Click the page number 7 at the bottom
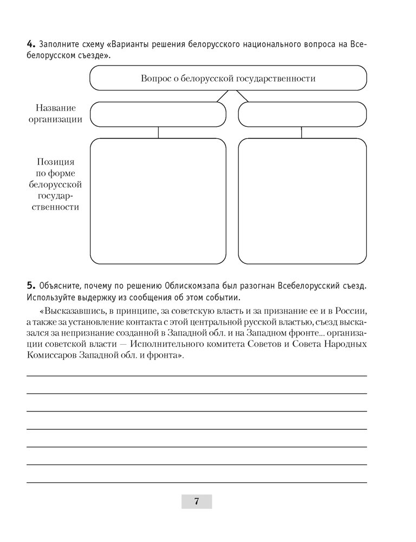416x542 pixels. pos(196,501)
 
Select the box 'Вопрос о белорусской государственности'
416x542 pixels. pos(227,78)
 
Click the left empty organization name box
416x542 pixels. pos(158,114)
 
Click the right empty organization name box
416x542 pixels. pos(302,114)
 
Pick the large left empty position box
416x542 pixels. pos(158,201)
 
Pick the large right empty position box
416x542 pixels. pos(302,201)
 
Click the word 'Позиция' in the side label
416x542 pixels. pos(56,162)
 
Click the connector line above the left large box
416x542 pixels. pos(158,133)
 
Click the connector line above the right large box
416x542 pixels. pos(302,133)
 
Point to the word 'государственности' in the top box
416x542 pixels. pos(282,78)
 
